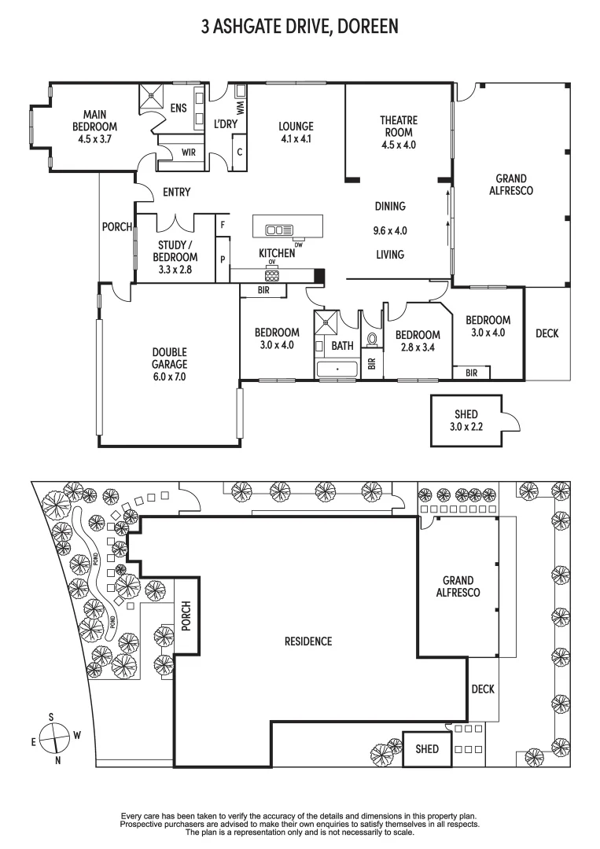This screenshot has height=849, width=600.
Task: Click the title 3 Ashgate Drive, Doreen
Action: coord(300,27)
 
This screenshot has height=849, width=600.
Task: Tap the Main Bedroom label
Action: coord(94,127)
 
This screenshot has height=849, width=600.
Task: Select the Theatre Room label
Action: coord(399,132)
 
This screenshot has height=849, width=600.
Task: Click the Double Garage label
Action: coord(170,364)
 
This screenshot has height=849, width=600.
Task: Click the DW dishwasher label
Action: coord(299,244)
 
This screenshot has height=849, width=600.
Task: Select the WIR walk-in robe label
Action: coord(189,152)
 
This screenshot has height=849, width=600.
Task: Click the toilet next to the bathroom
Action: coord(373,338)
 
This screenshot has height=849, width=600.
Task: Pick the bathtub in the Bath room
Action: coord(337,368)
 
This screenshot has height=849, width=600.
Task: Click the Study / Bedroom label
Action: coord(175,257)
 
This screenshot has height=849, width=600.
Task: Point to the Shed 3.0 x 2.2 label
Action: coord(466,421)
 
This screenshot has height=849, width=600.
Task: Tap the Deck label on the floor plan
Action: coord(547,333)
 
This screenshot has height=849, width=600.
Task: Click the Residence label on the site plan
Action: coord(308,641)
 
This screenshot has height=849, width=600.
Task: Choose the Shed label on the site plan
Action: coord(427,749)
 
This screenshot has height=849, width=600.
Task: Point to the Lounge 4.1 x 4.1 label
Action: coord(296,132)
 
